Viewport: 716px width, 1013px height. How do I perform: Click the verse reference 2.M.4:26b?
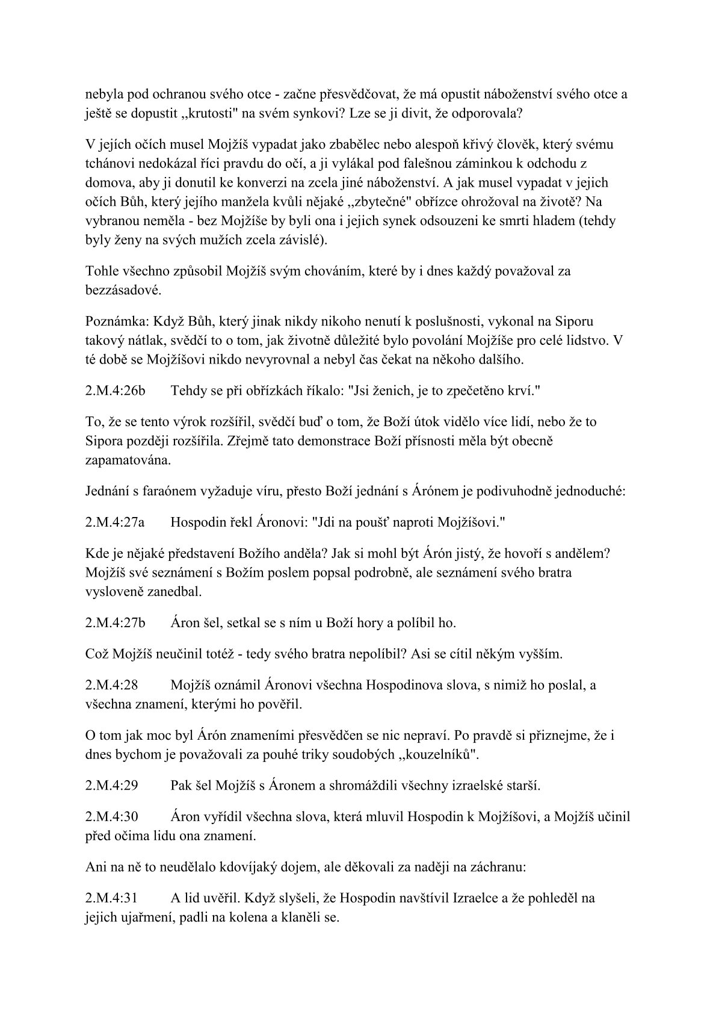point(116,391)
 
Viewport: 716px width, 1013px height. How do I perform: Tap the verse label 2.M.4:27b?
point(116,623)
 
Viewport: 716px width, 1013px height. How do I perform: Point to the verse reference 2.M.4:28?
point(112,685)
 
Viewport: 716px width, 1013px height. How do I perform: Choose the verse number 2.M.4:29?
point(112,785)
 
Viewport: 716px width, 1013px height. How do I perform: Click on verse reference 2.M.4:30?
point(112,817)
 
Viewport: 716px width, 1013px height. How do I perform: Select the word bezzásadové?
point(115,290)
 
